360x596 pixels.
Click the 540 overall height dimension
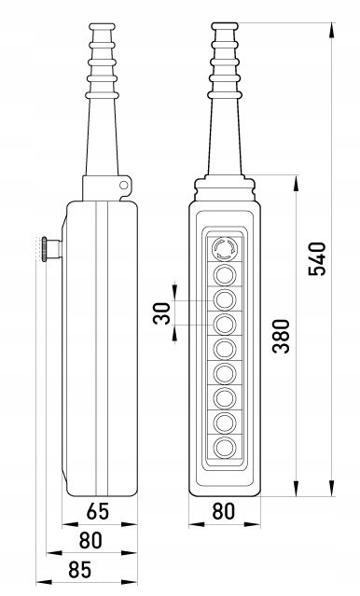pos(317,259)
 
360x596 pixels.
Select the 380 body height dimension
pos(282,337)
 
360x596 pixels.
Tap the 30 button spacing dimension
pos(162,313)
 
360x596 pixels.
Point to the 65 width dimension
pos(98,511)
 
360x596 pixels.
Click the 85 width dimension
pos(80,570)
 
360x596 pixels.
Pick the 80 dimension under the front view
pos(224,511)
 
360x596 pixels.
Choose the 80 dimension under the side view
pos(90,540)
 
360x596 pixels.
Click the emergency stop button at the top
pos(225,248)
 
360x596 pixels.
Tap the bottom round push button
pos(225,448)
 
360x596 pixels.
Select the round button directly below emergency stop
pos(225,274)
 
